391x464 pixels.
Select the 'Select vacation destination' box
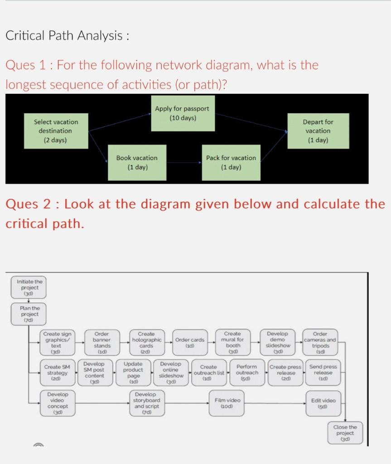56,130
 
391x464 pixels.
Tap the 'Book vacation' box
137,162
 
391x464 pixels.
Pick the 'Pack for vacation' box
231,162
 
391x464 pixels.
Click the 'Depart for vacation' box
318,130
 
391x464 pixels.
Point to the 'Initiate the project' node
28,287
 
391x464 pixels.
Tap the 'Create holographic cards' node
146,343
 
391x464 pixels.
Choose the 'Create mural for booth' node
232,343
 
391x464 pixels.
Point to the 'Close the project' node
345,433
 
